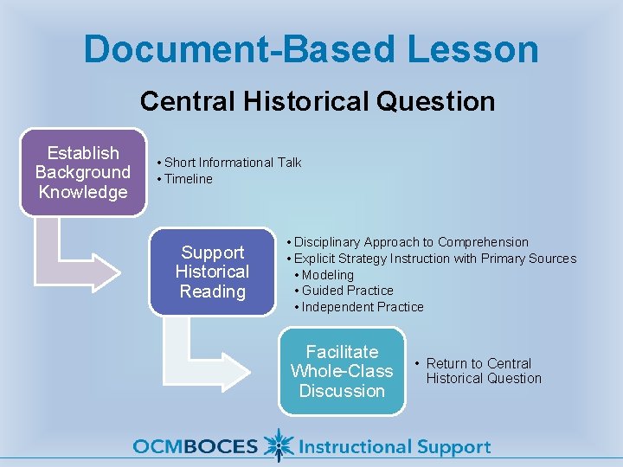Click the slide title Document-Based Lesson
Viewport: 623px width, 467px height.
point(311,49)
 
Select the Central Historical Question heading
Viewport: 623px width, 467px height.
point(318,101)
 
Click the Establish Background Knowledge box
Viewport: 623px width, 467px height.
point(83,172)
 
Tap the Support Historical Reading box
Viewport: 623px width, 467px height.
point(212,272)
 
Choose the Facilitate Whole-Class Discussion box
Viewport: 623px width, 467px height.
point(342,371)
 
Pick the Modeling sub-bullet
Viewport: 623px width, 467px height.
point(327,275)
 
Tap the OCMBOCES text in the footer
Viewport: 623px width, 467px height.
point(196,447)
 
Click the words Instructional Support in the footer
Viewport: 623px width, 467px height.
point(394,447)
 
